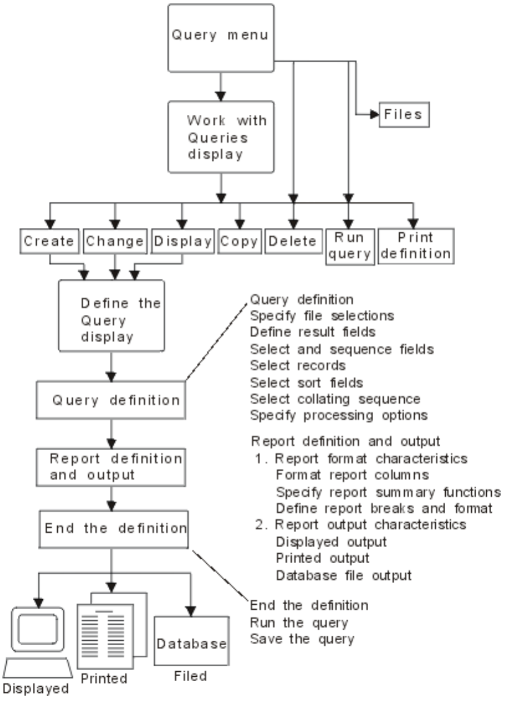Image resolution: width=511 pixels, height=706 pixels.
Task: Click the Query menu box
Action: click(220, 35)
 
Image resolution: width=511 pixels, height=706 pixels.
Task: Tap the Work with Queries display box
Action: click(220, 137)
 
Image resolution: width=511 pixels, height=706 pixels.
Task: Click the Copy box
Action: click(239, 241)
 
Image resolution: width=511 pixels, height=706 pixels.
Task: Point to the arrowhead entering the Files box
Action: click(374, 114)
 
